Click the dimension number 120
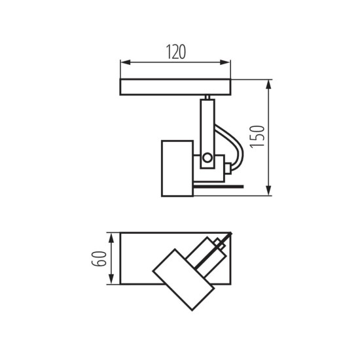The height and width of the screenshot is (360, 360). [x=175, y=52]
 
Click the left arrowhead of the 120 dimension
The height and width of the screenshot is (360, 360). [x=124, y=63]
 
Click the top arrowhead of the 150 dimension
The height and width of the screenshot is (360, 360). [x=269, y=83]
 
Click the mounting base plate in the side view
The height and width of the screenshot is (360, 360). [x=175, y=87]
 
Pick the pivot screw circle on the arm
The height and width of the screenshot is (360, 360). [x=207, y=157]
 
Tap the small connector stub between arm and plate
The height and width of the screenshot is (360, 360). [x=207, y=98]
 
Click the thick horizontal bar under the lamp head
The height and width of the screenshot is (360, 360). [x=216, y=187]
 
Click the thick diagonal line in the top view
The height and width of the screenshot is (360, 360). [x=216, y=251]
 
